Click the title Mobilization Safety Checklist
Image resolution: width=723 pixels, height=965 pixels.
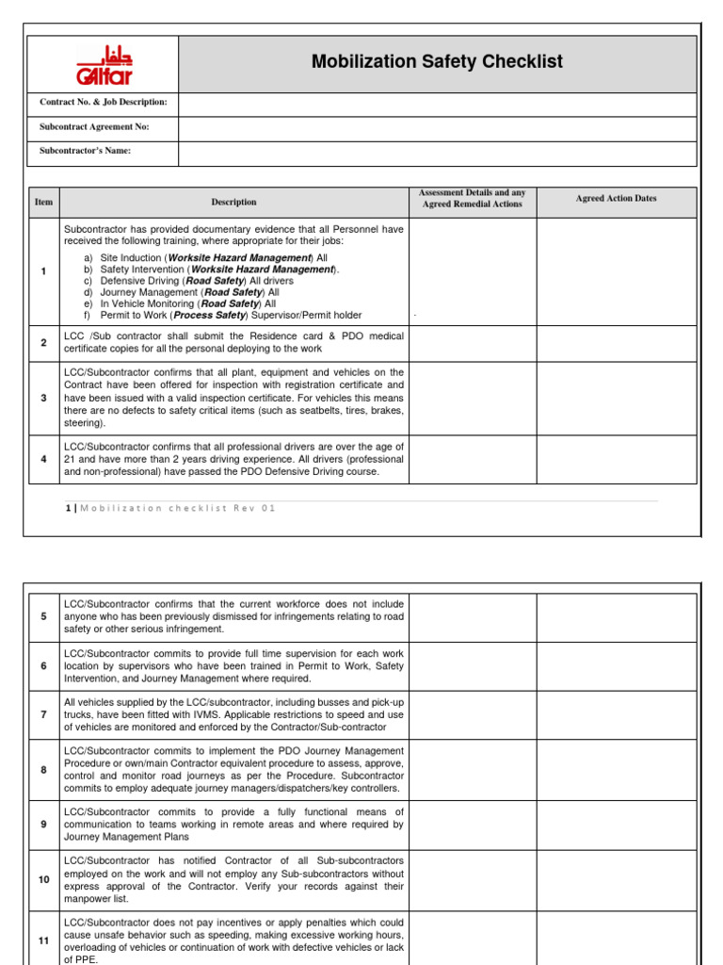pyautogui.click(x=437, y=62)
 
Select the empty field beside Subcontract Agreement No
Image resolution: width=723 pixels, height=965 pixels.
pyautogui.click(x=437, y=127)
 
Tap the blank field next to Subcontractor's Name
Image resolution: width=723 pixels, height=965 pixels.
pyautogui.click(x=437, y=151)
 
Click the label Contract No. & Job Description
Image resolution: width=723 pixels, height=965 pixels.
pyautogui.click(x=104, y=102)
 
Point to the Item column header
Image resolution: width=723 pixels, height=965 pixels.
pyautogui.click(x=43, y=203)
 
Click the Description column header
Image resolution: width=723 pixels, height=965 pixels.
pyautogui.click(x=233, y=203)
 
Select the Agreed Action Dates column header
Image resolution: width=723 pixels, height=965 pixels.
pyautogui.click(x=616, y=199)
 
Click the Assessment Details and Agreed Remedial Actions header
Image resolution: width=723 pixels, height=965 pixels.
pyautogui.click(x=472, y=199)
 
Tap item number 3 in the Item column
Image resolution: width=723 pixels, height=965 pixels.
pyautogui.click(x=43, y=398)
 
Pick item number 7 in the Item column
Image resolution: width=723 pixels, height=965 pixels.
pyautogui.click(x=43, y=714)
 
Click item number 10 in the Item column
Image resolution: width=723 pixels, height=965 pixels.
pyautogui.click(x=43, y=879)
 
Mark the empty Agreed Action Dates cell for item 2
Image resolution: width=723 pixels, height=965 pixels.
pyautogui.click(x=616, y=342)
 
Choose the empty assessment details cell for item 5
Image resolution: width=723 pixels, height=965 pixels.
pyautogui.click(x=472, y=616)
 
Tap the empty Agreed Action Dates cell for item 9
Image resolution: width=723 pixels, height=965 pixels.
pyautogui.click(x=616, y=825)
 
